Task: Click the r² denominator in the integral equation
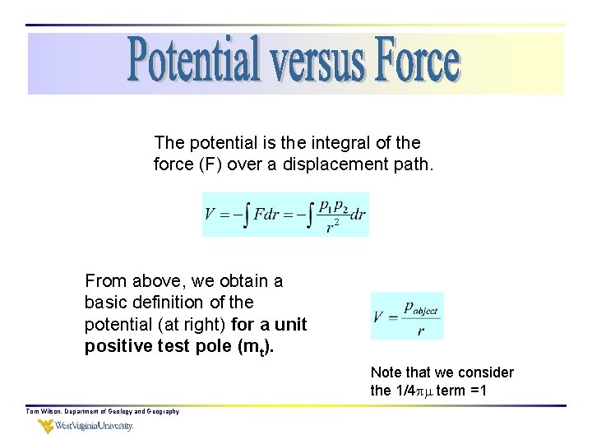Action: tap(332, 227)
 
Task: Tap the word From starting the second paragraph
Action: tap(105, 281)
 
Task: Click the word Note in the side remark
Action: tap(387, 372)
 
